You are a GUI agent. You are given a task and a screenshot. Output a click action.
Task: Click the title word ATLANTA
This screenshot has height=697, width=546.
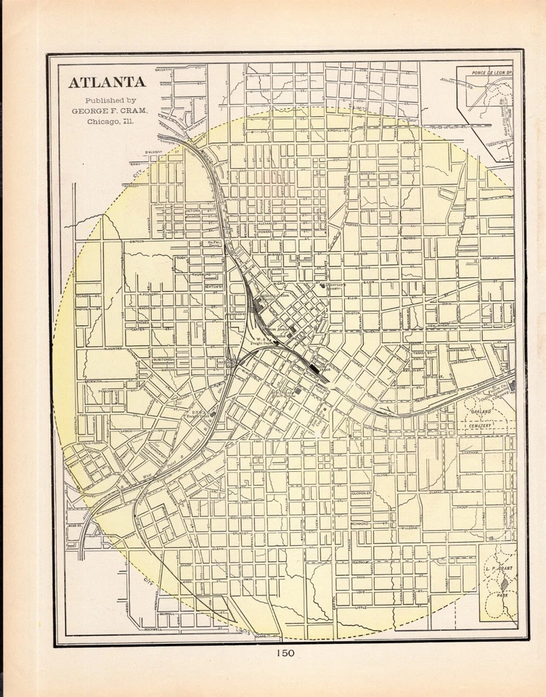pyautogui.click(x=106, y=81)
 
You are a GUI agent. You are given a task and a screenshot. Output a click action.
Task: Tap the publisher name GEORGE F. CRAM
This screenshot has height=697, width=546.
pyautogui.click(x=110, y=110)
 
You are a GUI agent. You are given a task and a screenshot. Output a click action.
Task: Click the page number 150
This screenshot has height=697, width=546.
pyautogui.click(x=285, y=653)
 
